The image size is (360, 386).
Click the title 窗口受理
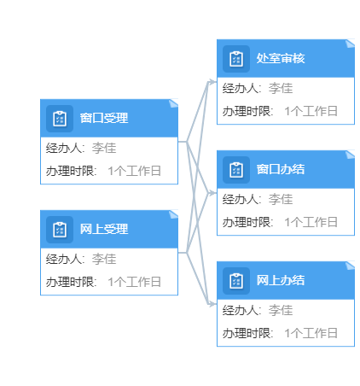point(104,118)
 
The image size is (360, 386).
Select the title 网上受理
point(104,229)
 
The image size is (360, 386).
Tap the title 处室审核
point(281,58)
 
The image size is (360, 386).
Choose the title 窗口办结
point(281,169)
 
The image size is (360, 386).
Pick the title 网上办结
point(281,280)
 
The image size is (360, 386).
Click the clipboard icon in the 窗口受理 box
point(60,119)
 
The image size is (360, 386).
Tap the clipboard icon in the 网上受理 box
point(60,230)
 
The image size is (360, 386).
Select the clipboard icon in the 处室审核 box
point(236,59)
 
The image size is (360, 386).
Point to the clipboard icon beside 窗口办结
point(236,170)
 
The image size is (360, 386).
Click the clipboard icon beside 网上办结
point(236,281)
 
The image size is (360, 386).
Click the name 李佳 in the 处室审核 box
point(281,88)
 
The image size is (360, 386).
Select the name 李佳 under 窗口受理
point(104,148)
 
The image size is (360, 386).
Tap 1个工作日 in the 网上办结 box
point(311,333)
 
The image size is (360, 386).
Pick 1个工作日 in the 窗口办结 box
point(311,222)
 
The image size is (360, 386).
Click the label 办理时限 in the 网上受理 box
point(70,282)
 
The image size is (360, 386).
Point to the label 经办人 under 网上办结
point(240,310)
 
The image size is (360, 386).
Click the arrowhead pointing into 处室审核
point(212,82)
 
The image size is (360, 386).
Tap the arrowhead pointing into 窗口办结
point(212,193)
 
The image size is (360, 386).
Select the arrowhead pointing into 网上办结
point(212,304)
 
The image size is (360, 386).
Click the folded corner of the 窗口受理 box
point(174,103)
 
